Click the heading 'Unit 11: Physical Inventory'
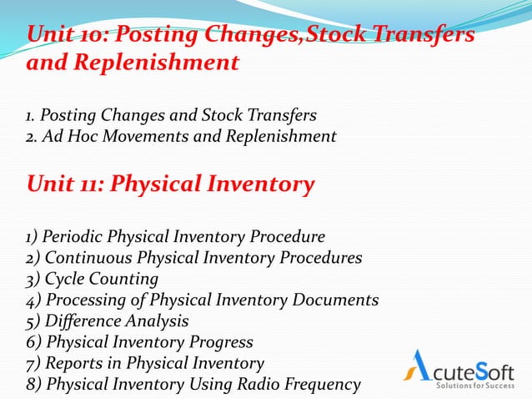171,184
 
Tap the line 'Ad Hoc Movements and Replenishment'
188,135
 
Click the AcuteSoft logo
464,367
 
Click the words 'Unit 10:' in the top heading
64,37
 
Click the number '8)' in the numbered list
34,384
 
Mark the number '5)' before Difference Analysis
34,321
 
